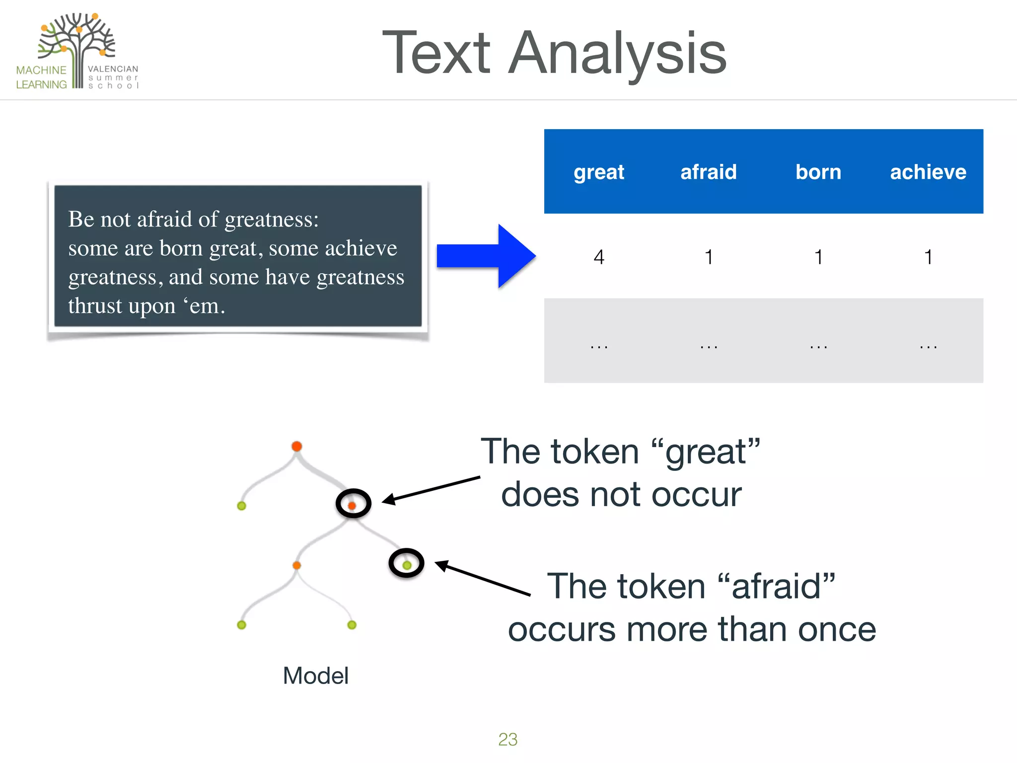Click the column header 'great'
[x=598, y=172]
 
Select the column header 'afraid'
[x=708, y=172]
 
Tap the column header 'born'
[x=818, y=172]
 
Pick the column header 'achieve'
[x=928, y=172]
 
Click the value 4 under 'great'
[x=599, y=257]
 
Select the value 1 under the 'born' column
[x=818, y=257]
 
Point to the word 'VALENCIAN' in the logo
[x=113, y=69]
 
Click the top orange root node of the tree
[x=296, y=446]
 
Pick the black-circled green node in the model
[x=406, y=564]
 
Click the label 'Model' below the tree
[x=315, y=676]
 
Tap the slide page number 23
[x=508, y=739]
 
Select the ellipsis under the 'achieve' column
[x=928, y=346]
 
